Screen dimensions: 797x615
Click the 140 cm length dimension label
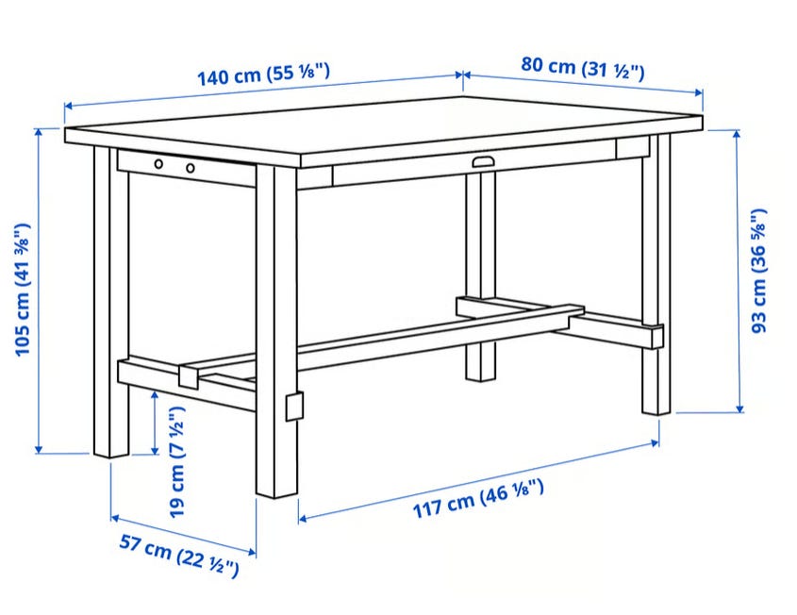[x=263, y=75]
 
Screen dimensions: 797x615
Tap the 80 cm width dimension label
[x=583, y=68]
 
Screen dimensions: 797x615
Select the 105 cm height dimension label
[x=23, y=290]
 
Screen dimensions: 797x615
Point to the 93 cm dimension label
[x=759, y=271]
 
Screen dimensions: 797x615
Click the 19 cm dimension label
[x=177, y=462]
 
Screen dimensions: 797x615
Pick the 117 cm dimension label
[x=478, y=499]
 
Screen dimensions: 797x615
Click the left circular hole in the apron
[x=159, y=164]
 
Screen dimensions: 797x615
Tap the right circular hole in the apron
[x=191, y=168]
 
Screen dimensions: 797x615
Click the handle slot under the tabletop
[x=483, y=161]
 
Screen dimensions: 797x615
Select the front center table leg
[x=276, y=330]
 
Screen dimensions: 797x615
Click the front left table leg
[x=110, y=303]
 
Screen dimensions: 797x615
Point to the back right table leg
[x=656, y=274]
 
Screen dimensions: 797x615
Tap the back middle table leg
[x=480, y=277]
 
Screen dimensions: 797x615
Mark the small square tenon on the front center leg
[x=295, y=407]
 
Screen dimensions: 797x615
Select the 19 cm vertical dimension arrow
[x=155, y=423]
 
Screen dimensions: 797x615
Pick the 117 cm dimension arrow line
[x=479, y=480]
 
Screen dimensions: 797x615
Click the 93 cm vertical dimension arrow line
[x=738, y=272]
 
